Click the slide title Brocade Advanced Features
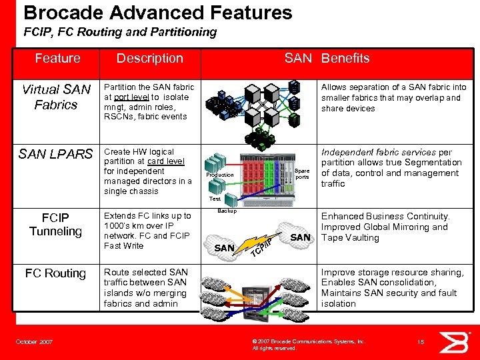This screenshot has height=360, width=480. (x=158, y=13)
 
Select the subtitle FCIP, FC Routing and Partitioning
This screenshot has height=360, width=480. (x=120, y=32)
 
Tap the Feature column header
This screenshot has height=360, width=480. (x=57, y=59)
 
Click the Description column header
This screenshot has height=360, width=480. (x=149, y=59)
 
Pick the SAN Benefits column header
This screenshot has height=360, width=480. (x=327, y=59)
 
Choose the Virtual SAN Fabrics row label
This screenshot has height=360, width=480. (x=56, y=97)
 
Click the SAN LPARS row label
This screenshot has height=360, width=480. (x=56, y=155)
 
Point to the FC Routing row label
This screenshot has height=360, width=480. (x=55, y=273)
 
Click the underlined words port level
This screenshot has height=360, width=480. (x=131, y=97)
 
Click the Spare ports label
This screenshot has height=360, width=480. (x=302, y=173)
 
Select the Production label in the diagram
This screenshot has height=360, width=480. (x=220, y=175)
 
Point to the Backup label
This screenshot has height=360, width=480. (x=227, y=211)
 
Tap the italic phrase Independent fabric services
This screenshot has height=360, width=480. (x=379, y=152)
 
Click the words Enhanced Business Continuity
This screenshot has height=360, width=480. (x=385, y=217)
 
